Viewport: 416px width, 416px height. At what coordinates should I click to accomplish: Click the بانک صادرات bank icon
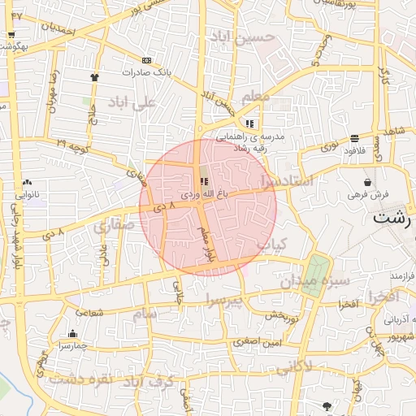pos(146,60)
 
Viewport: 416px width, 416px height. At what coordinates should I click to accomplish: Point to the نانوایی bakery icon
pos(28,183)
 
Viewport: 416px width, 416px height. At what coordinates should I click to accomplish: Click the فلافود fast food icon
pos(354,139)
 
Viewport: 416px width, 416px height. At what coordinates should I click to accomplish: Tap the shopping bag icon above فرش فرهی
pos(369,182)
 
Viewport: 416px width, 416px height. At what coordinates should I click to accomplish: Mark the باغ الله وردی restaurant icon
pos(203,182)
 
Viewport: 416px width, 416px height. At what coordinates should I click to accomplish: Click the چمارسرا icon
pos(72,333)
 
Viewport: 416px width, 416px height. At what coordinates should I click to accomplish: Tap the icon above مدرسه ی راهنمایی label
pos(249,124)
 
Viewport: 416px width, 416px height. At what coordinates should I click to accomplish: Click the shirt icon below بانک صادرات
pos(94,77)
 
